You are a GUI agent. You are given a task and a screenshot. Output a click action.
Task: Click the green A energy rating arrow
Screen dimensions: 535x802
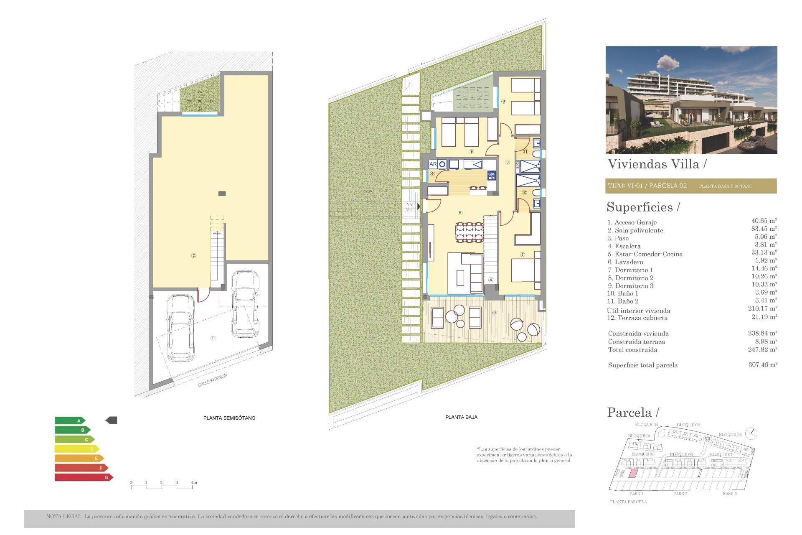70,420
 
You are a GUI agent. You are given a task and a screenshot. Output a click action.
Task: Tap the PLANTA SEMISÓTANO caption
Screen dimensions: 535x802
229,418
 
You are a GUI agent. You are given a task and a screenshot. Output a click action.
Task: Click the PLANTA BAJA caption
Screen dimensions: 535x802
461,417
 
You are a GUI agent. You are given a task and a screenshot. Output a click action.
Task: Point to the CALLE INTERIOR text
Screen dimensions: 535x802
213,380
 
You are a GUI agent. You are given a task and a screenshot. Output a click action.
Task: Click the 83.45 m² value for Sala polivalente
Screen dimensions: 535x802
764,229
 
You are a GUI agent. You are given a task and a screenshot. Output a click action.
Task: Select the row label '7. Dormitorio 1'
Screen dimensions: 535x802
630,270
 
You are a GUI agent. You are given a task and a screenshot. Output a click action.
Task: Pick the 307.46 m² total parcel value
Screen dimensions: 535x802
762,365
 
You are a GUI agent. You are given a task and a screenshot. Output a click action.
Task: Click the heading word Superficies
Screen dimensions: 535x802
640,207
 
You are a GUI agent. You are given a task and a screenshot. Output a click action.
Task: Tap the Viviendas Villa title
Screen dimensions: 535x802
654,164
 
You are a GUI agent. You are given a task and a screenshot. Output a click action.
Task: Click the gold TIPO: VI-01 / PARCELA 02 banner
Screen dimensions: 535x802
691,186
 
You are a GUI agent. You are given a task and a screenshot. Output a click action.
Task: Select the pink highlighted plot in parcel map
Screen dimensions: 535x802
633,474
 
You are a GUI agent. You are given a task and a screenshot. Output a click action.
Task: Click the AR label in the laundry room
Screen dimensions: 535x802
433,164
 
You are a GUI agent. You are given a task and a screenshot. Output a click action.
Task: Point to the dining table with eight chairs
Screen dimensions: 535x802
469,232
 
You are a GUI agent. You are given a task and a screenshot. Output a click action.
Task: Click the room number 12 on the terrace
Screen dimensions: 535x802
494,313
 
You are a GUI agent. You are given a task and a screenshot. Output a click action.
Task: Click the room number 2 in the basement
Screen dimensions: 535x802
193,255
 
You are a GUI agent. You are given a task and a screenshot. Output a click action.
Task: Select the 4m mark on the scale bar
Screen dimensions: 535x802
193,483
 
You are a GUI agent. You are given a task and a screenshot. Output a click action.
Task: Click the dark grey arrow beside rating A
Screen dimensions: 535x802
112,420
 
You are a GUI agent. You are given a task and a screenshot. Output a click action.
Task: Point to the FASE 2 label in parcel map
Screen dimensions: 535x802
680,494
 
